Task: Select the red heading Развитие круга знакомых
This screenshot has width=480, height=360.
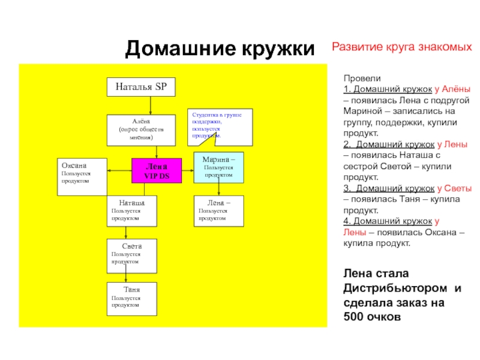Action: tap(401, 47)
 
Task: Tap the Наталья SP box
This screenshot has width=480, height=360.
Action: tap(141, 87)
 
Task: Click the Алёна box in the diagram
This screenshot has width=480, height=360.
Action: tap(141, 130)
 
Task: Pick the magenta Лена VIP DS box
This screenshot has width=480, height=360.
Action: tap(156, 171)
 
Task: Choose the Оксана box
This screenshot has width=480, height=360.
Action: tap(82, 176)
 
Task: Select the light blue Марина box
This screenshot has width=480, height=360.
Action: tap(219, 167)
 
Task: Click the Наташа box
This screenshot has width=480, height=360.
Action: tap(132, 211)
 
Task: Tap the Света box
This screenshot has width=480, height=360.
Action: tap(132, 254)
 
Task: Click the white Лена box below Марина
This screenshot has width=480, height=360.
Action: tap(219, 211)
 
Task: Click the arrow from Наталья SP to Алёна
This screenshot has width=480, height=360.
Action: tap(150, 105)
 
